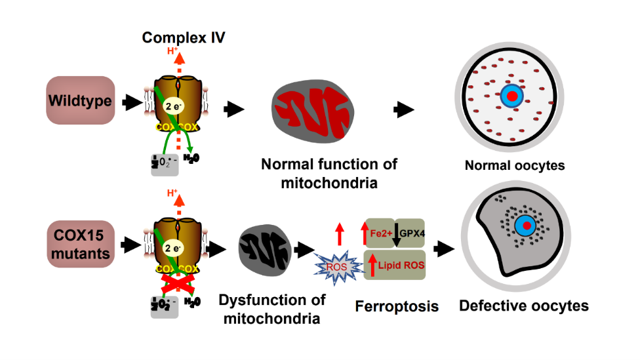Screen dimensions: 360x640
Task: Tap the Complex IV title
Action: pyautogui.click(x=184, y=37)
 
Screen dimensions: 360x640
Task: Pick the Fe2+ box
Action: pyautogui.click(x=379, y=233)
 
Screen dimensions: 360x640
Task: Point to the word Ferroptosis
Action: pyautogui.click(x=397, y=306)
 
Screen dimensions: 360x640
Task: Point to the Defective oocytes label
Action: pyautogui.click(x=524, y=306)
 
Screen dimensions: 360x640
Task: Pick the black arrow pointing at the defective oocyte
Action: pyautogui.click(x=446, y=248)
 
